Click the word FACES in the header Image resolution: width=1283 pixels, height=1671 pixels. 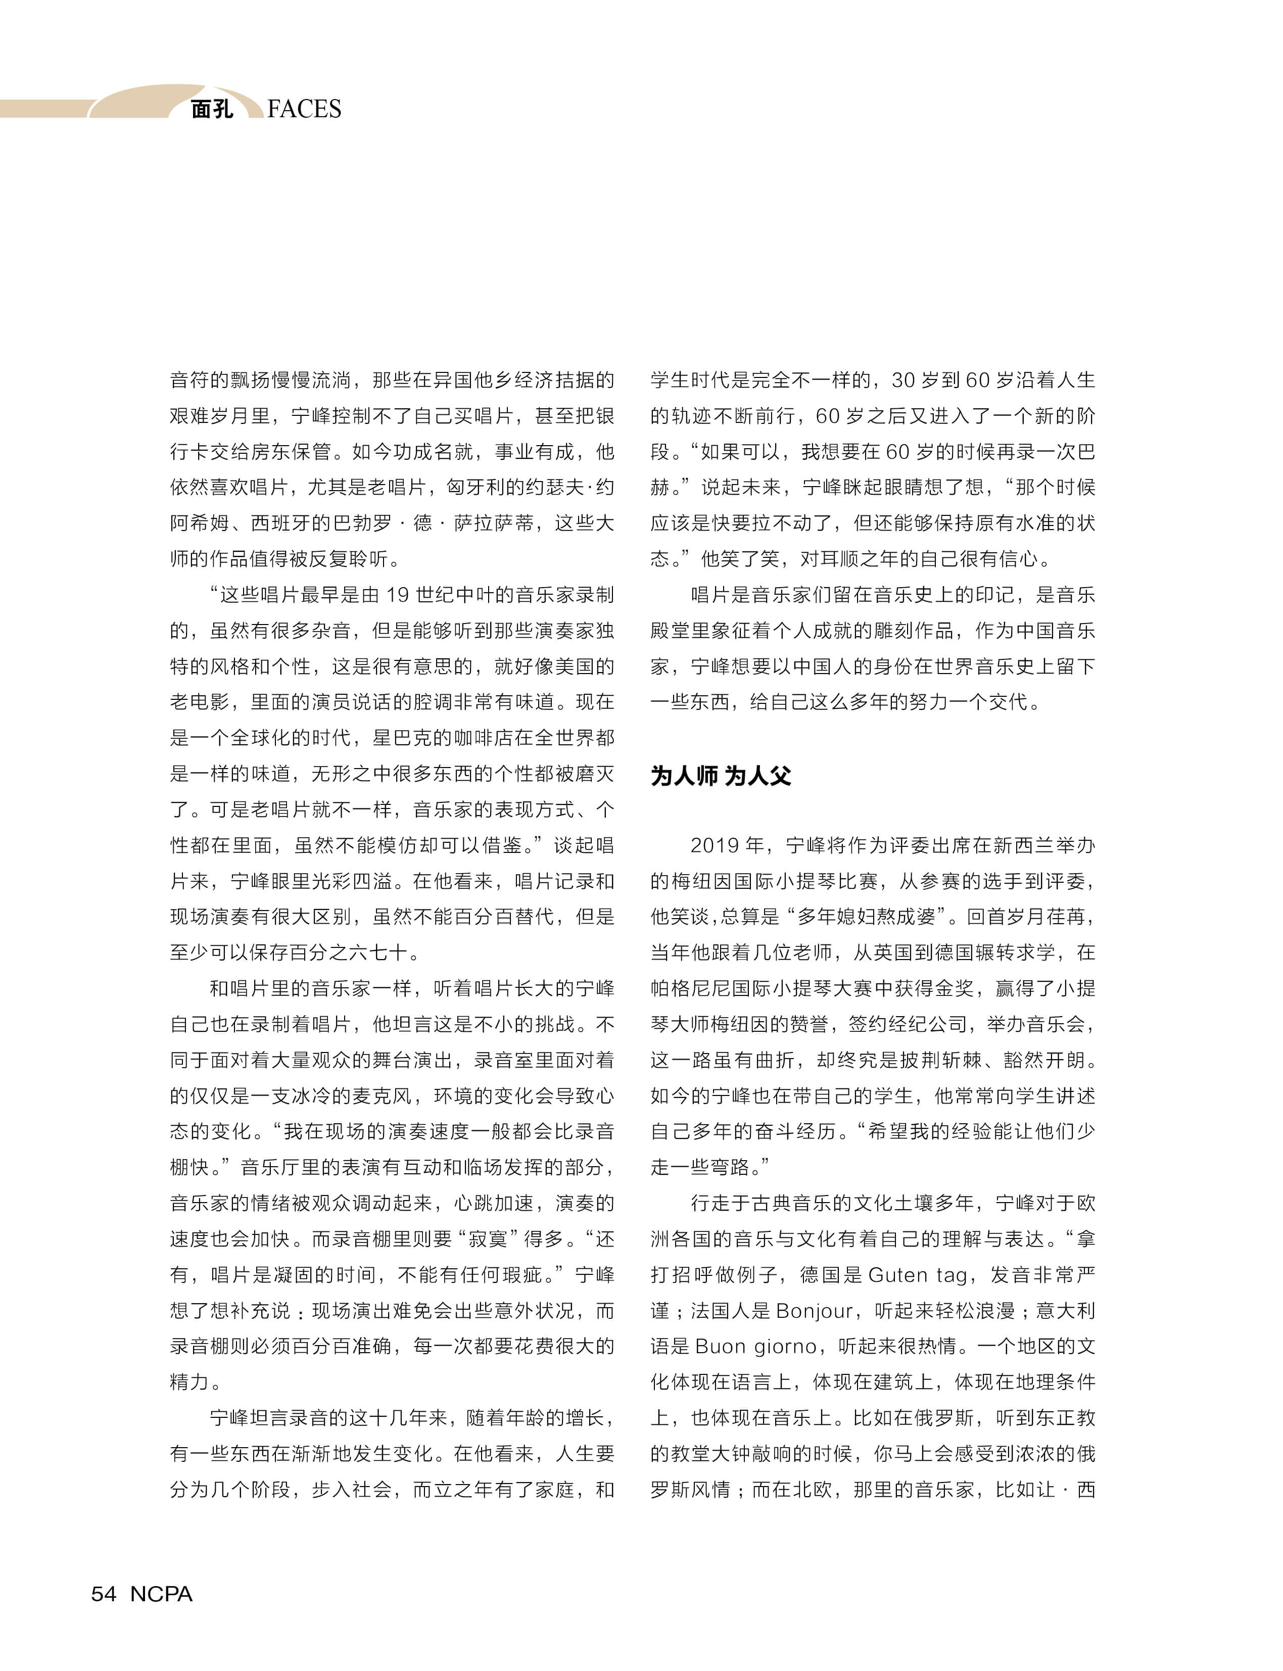[304, 109]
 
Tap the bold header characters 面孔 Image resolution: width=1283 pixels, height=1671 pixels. [212, 109]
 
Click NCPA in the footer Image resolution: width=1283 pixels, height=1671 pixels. [161, 1594]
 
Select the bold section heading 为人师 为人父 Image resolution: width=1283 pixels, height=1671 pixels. [720, 776]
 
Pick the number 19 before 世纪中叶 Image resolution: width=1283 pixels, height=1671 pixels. [398, 595]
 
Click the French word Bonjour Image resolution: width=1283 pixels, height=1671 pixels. [814, 1311]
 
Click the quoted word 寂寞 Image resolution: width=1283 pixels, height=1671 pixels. [487, 1239]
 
